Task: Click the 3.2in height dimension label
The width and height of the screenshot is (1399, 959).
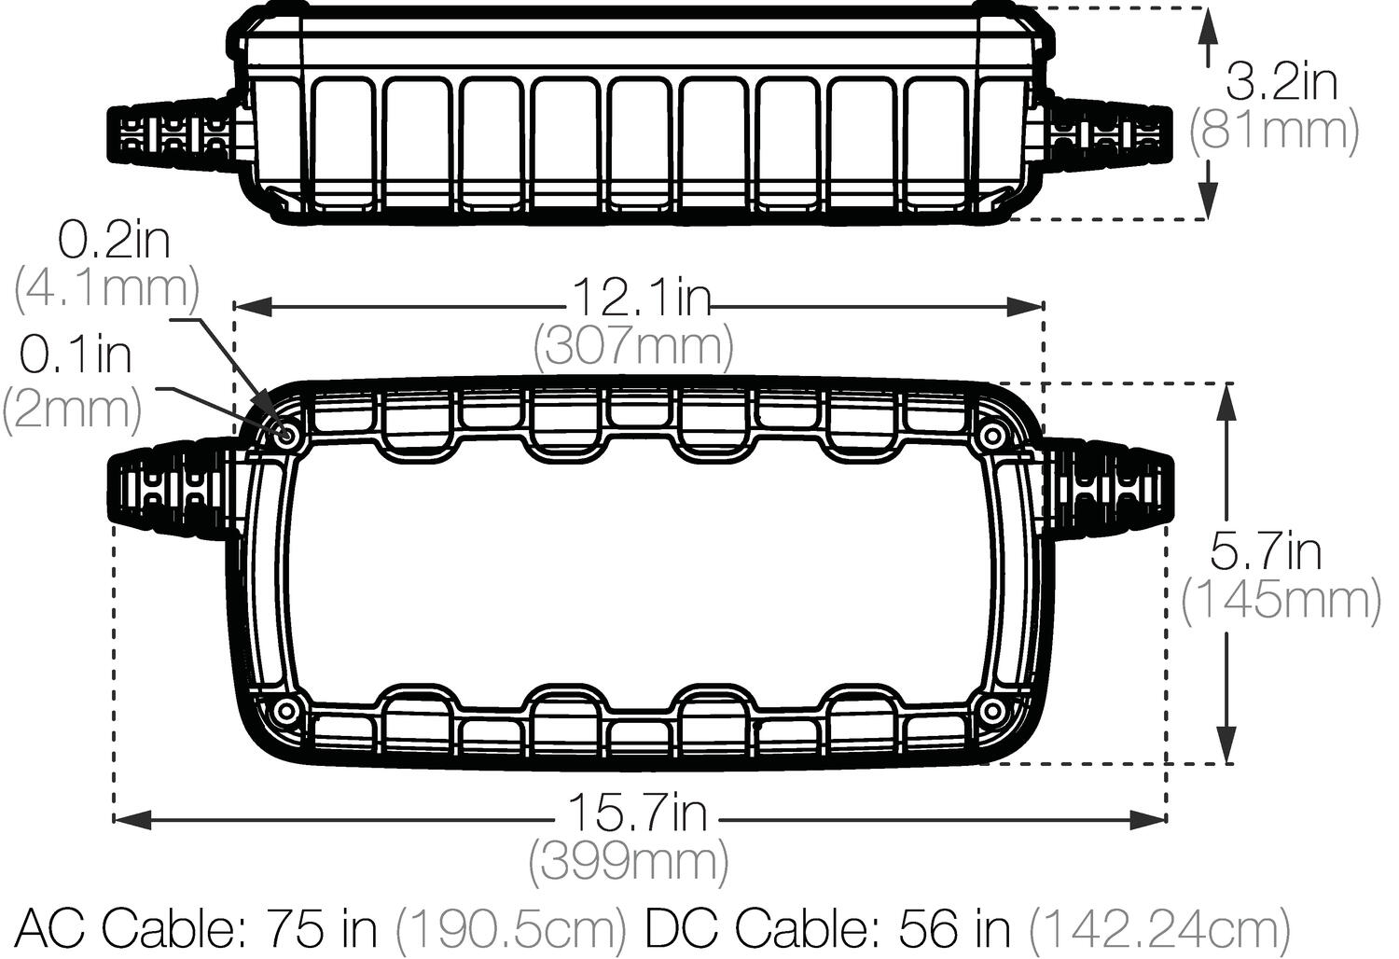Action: point(1280,82)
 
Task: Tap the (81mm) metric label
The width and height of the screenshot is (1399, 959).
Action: point(1274,130)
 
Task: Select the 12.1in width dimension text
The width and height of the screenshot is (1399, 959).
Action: point(640,299)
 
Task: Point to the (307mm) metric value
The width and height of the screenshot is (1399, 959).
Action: point(633,346)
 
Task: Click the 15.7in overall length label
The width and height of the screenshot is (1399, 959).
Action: point(637,813)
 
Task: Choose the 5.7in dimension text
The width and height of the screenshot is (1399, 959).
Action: point(1266,551)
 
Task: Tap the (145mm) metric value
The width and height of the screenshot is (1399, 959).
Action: point(1281,600)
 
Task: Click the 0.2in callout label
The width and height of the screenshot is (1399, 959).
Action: point(114,241)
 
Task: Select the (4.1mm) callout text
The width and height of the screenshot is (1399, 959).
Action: point(106,289)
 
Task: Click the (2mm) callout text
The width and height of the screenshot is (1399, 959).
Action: point(72,410)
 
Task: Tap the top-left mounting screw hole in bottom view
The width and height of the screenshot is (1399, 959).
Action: point(286,435)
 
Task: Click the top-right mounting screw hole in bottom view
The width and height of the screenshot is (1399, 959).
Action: point(993,435)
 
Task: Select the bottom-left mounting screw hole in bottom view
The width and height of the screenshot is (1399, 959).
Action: point(286,711)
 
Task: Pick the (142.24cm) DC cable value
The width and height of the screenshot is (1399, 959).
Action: point(1159,927)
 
